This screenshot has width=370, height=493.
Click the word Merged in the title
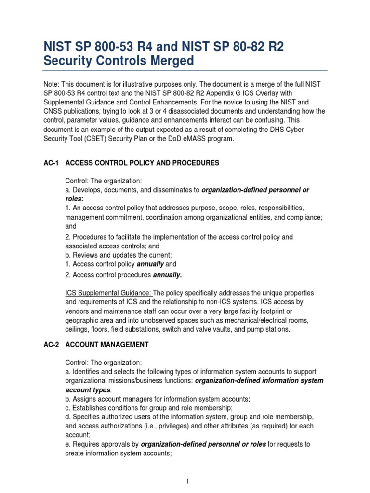point(168,61)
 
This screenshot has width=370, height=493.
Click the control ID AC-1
point(51,163)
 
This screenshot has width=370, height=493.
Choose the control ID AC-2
point(51,345)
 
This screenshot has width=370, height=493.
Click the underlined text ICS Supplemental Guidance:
point(108,293)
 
